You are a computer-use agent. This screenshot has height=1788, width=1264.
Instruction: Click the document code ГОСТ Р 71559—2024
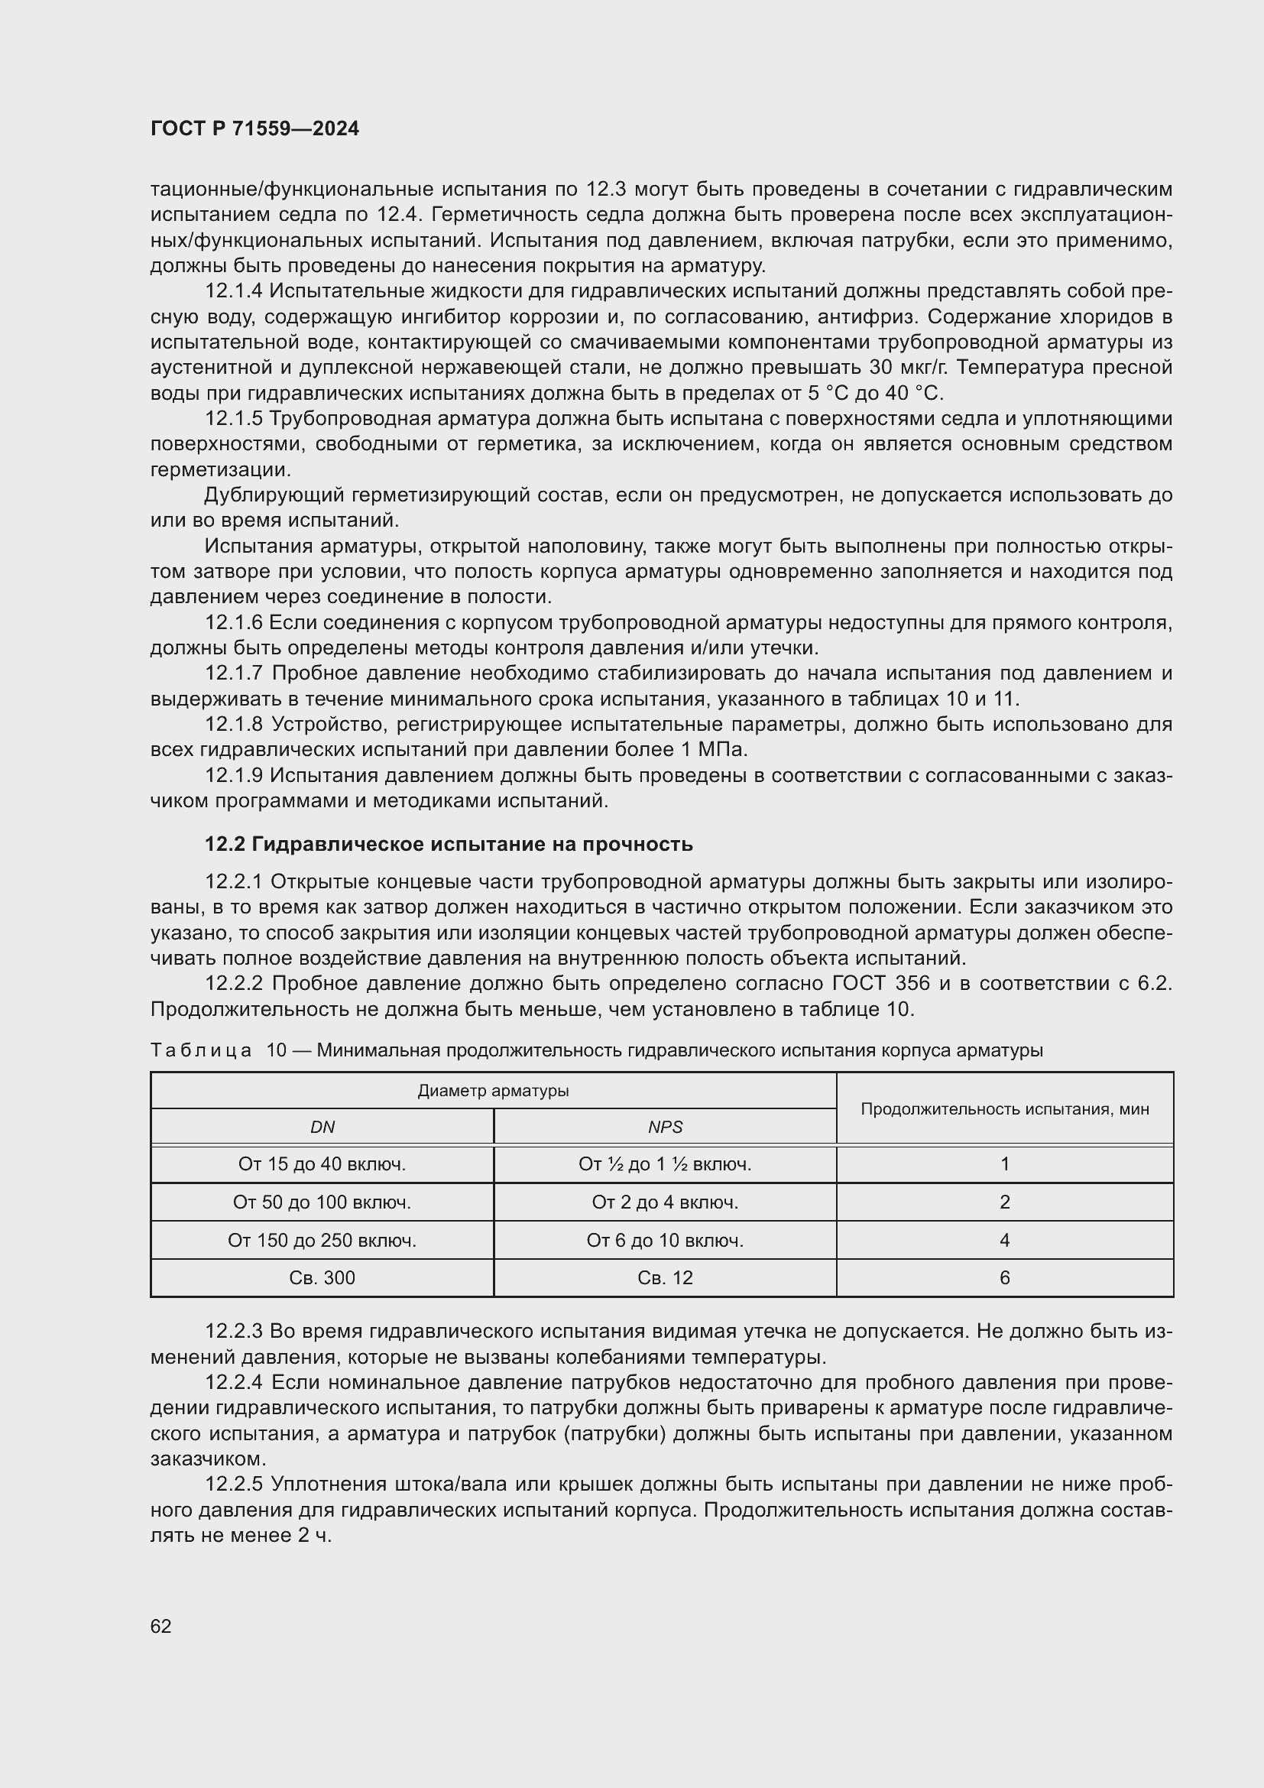pyautogui.click(x=254, y=128)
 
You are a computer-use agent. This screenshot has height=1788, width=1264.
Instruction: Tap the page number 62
pyautogui.click(x=161, y=1626)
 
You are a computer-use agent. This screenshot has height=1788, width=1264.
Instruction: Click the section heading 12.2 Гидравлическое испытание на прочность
pyautogui.click(x=449, y=844)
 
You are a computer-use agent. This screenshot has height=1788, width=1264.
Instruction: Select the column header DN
pyautogui.click(x=322, y=1127)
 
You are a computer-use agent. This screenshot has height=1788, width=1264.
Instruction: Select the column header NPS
pyautogui.click(x=665, y=1127)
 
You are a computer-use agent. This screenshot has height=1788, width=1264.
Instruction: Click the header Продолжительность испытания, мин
pyautogui.click(x=1004, y=1108)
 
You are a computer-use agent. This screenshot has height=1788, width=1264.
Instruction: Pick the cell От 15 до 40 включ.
pyautogui.click(x=322, y=1164)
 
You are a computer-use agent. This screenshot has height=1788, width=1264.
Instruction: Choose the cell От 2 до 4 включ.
pyautogui.click(x=665, y=1202)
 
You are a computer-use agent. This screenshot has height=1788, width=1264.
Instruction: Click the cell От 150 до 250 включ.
pyautogui.click(x=322, y=1240)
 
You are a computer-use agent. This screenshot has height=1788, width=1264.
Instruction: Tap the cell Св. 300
pyautogui.click(x=322, y=1278)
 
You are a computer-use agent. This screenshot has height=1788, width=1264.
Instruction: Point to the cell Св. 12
pyautogui.click(x=665, y=1278)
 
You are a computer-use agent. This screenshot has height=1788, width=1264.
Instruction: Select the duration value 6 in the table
pyautogui.click(x=1004, y=1278)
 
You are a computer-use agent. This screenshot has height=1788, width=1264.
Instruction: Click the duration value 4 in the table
pyautogui.click(x=1004, y=1240)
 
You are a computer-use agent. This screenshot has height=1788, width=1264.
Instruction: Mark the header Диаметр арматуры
pyautogui.click(x=494, y=1090)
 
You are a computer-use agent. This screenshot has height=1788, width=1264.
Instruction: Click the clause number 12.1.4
pyautogui.click(x=234, y=291)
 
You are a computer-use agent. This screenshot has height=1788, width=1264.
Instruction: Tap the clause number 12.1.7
pyautogui.click(x=234, y=673)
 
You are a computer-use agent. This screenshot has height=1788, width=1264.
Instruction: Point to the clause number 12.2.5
pyautogui.click(x=234, y=1485)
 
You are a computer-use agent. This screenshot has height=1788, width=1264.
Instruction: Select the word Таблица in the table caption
pyautogui.click(x=201, y=1050)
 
